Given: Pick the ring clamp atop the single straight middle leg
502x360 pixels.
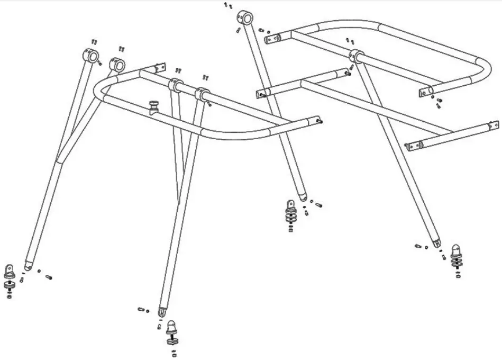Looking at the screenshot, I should (x=245, y=17).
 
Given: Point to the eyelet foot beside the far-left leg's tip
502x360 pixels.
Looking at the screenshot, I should (x=10, y=271).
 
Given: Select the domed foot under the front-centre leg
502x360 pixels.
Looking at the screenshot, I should (x=172, y=327).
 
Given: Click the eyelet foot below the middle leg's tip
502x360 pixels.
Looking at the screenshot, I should (x=290, y=204).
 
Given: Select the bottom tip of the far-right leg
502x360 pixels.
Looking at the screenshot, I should (x=437, y=244).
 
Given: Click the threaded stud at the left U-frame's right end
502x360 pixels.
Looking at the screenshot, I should (x=321, y=121).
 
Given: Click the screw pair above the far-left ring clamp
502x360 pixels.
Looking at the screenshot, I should (x=95, y=41).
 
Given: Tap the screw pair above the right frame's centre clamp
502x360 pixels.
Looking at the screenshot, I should (x=350, y=40).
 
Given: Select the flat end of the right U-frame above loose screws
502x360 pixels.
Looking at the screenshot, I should (x=428, y=92).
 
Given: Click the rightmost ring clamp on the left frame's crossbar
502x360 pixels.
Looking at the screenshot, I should (x=201, y=94).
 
